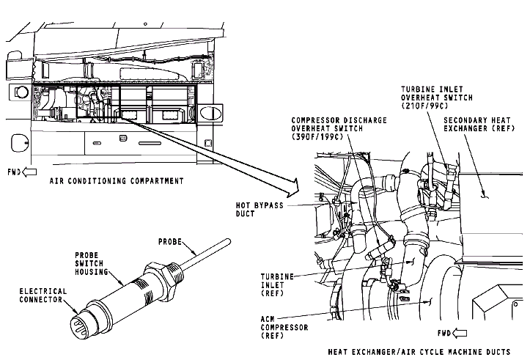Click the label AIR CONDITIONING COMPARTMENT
116,180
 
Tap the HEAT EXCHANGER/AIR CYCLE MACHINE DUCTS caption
419,352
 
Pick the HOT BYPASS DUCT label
259,210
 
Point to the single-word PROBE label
174,241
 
